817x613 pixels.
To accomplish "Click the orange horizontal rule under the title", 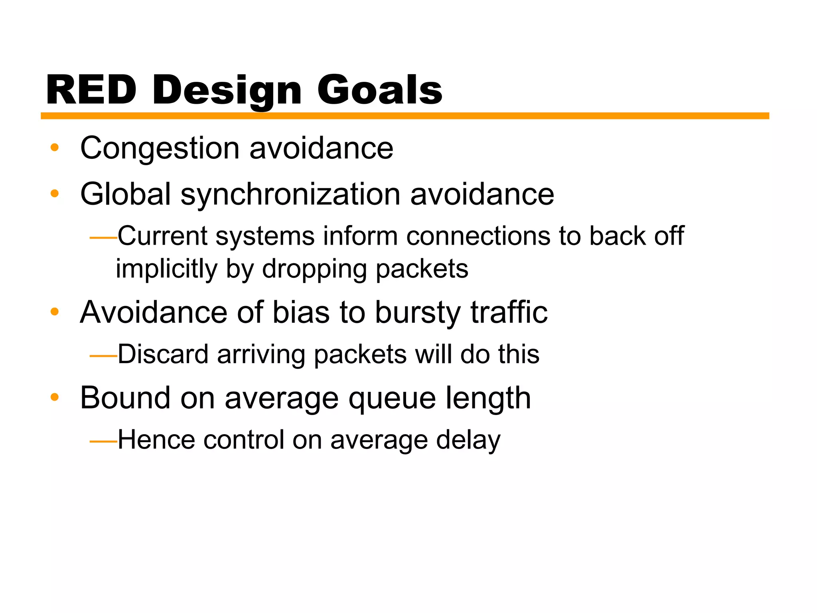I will pyautogui.click(x=405, y=116).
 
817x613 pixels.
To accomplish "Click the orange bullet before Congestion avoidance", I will pyautogui.click(x=55, y=148).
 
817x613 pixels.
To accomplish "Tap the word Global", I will pyautogui.click(x=126, y=194).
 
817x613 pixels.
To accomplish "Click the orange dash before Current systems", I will pyautogui.click(x=103, y=238).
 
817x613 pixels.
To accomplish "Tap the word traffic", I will pyautogui.click(x=509, y=312).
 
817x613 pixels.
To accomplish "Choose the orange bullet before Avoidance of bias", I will pyautogui.click(x=55, y=312).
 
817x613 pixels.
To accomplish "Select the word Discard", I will pyautogui.click(x=163, y=354).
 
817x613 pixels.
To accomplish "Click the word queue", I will pyautogui.click(x=392, y=399).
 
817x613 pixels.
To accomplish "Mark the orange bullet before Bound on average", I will pyautogui.click(x=55, y=397).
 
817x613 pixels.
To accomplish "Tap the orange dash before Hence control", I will pyautogui.click(x=103, y=441).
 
